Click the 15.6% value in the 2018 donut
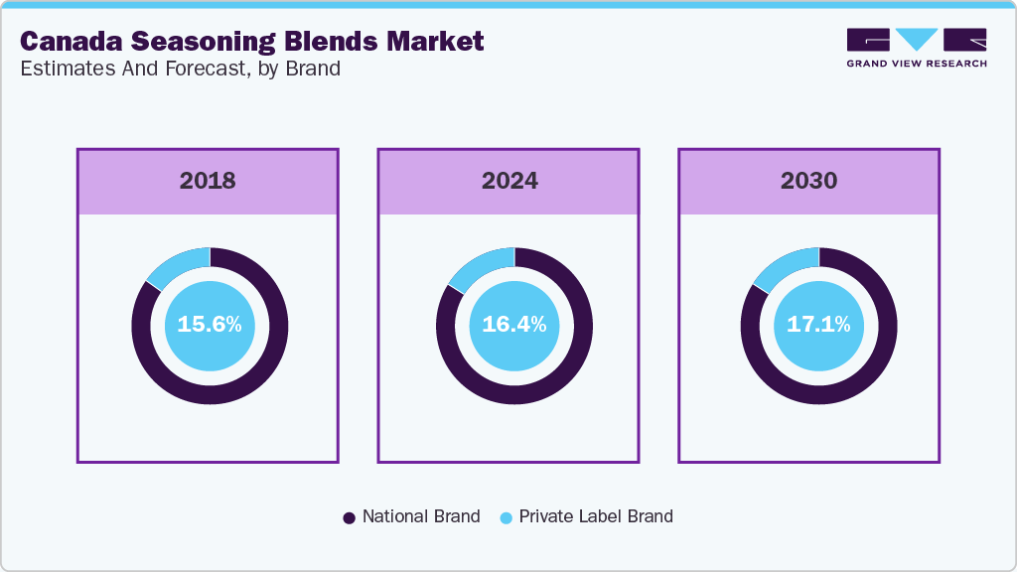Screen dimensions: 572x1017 click(x=210, y=325)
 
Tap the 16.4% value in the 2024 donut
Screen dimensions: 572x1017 click(x=513, y=325)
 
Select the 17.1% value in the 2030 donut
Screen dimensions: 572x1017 click(x=818, y=325)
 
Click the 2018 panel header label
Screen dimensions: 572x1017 click(x=208, y=181)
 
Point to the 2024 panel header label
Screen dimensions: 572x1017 click(x=509, y=181)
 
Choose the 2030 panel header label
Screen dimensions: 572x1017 click(x=808, y=181)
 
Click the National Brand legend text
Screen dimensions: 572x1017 click(x=421, y=516)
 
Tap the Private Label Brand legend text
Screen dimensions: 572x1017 click(x=596, y=516)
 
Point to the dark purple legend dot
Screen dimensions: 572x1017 click(x=349, y=517)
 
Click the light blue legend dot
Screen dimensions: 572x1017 click(x=506, y=517)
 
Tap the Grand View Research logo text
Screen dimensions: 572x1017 click(x=916, y=64)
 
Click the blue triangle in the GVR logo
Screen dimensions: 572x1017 click(x=917, y=39)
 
